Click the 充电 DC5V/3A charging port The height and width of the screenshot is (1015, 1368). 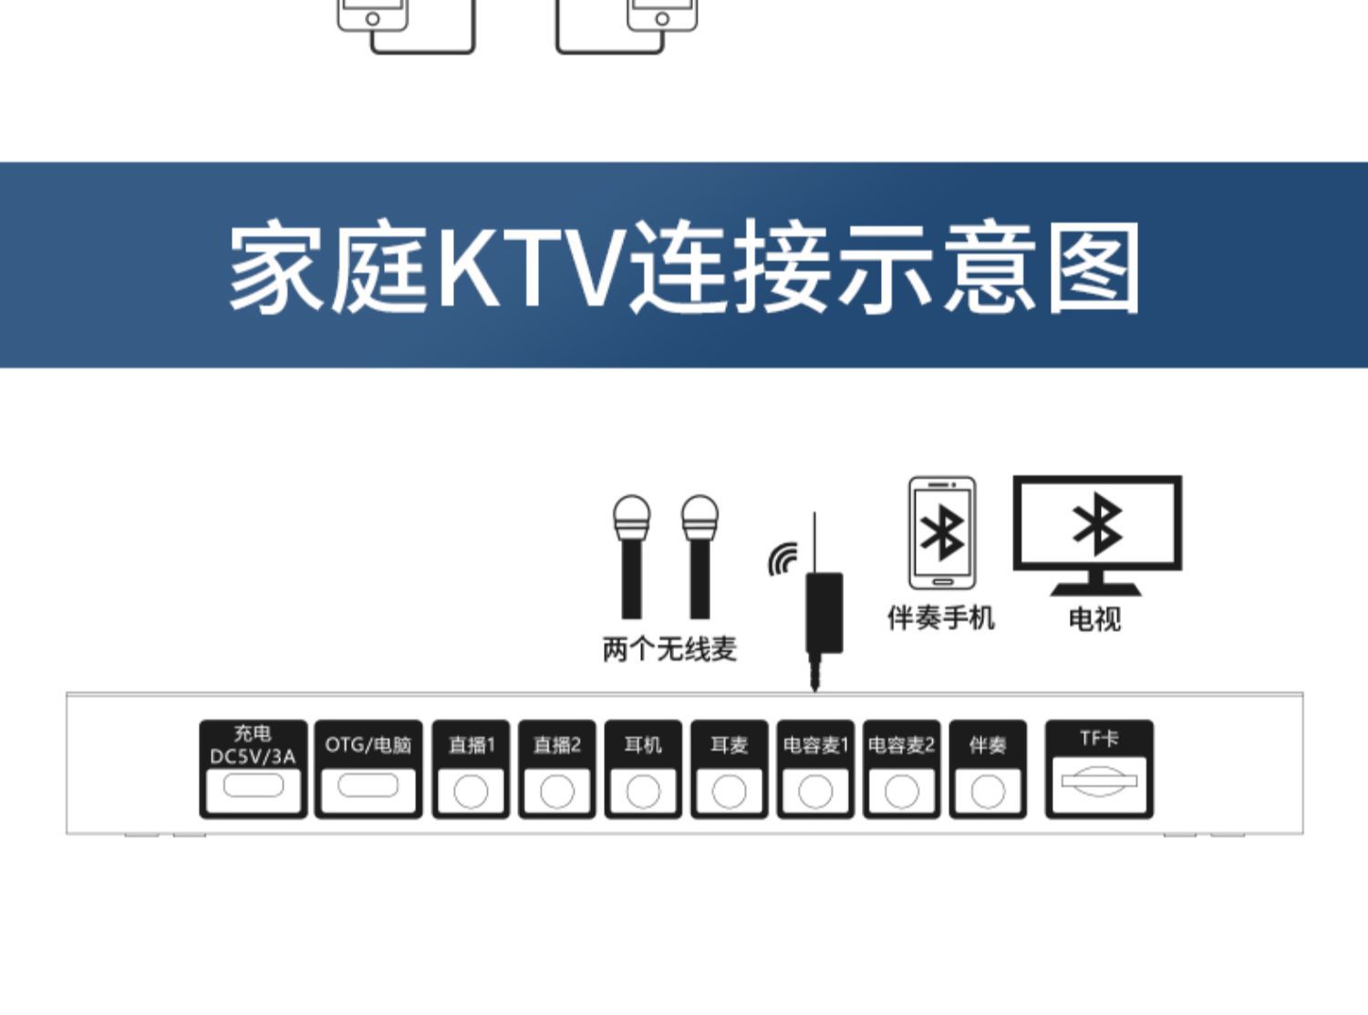point(253,786)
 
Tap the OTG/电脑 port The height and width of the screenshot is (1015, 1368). point(368,786)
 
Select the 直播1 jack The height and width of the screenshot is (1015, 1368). point(471,791)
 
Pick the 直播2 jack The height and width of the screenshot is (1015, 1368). point(556,791)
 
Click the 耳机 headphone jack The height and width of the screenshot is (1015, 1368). point(643,791)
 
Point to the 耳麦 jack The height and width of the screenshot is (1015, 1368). point(729,791)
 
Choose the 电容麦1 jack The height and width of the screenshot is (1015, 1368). point(815,791)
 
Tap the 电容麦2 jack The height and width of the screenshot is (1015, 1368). point(901,791)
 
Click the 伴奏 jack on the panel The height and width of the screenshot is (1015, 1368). point(988,791)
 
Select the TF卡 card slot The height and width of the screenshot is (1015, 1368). point(1099,782)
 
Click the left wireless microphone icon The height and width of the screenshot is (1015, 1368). point(631,556)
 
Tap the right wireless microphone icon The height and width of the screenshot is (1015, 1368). point(700,556)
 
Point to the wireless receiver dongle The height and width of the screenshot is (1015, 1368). point(824,611)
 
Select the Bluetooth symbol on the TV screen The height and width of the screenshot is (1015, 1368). point(1098,524)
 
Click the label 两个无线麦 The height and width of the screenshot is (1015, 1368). point(669,649)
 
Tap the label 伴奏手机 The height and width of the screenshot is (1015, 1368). point(941,618)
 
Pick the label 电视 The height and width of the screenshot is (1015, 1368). point(1094,620)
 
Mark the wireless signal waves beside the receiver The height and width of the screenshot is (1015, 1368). point(782,559)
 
